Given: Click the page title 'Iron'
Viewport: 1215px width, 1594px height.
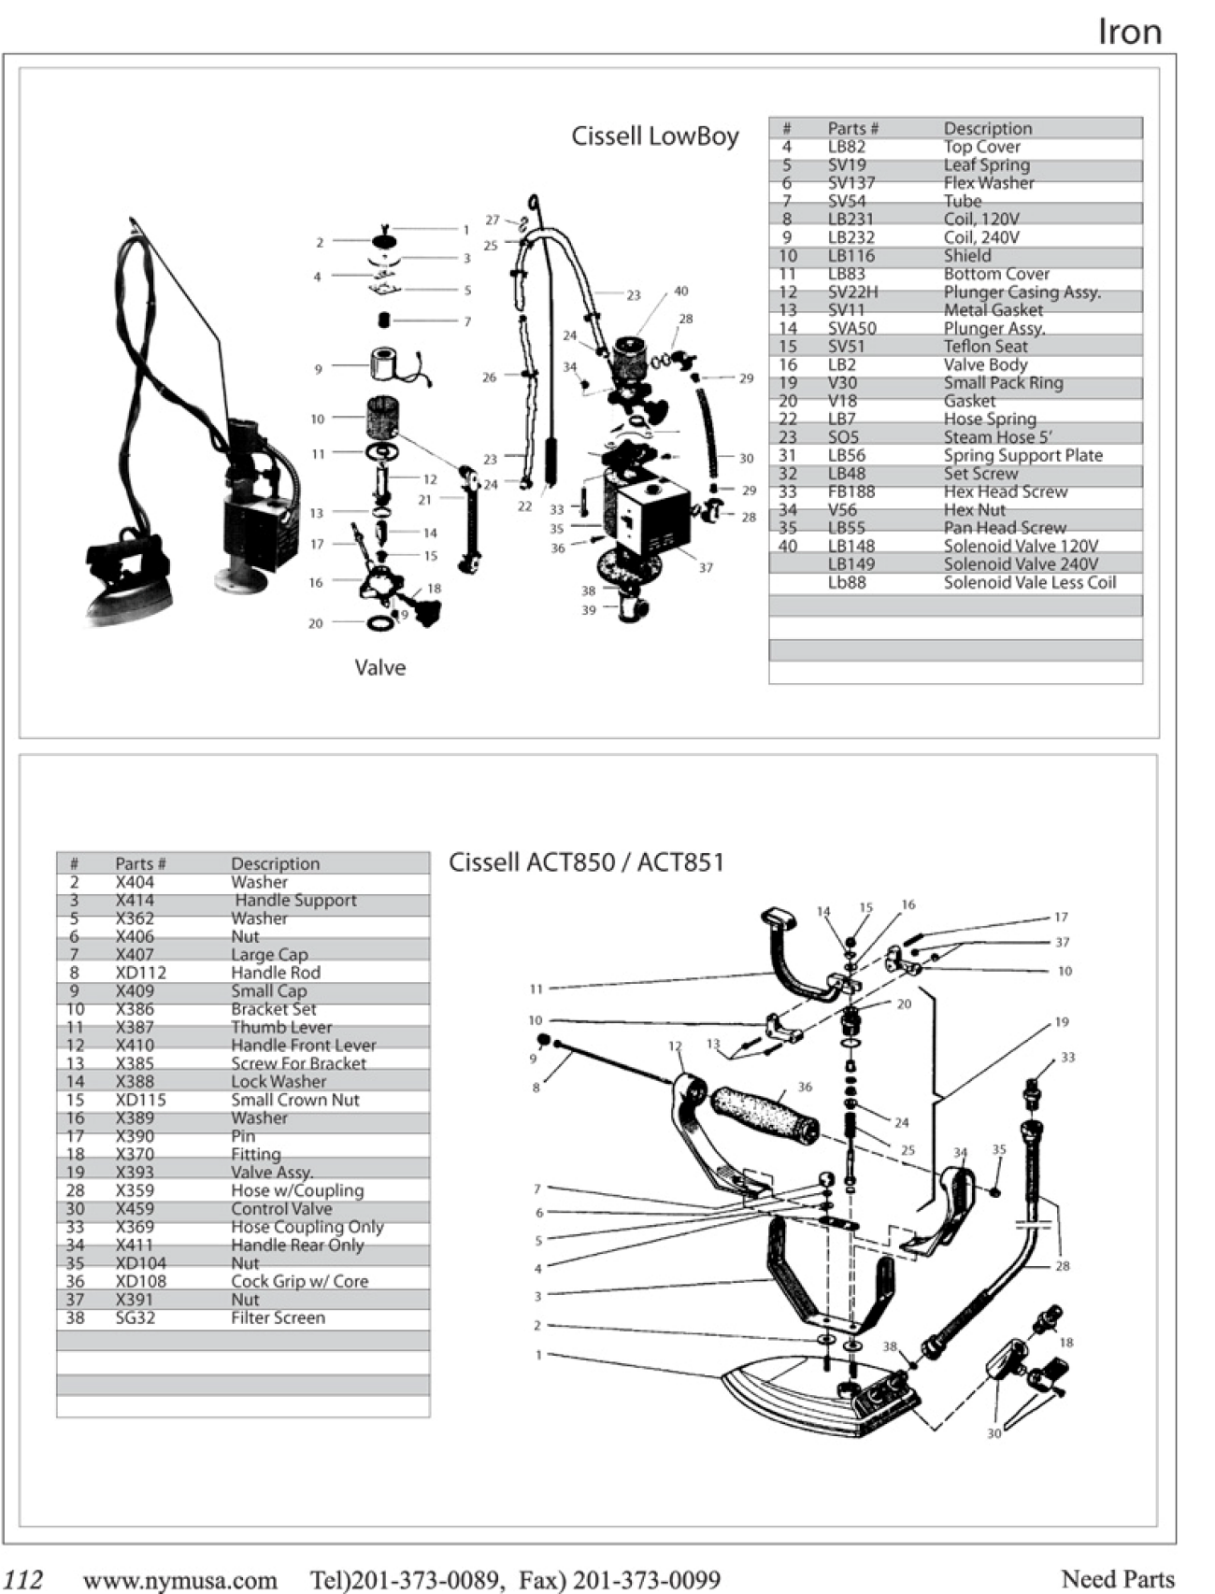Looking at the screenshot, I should [x=1129, y=32].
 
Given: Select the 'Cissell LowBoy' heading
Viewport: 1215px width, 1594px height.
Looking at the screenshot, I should [x=654, y=136].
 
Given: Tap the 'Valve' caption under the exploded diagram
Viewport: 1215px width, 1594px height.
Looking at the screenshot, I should [x=379, y=667].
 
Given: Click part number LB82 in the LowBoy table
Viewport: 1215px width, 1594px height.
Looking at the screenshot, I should [x=846, y=147].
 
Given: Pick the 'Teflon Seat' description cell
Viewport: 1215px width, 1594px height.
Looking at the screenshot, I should [x=985, y=347].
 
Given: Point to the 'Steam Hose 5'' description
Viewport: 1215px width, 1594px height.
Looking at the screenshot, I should [x=997, y=437].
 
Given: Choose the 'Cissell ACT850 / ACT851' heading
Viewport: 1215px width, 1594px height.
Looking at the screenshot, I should [x=586, y=861].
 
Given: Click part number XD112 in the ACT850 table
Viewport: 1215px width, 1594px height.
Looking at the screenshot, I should [x=140, y=973].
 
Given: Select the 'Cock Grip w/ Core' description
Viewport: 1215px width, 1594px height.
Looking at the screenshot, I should [x=299, y=1281].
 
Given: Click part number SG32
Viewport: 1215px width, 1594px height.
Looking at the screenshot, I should [x=136, y=1317].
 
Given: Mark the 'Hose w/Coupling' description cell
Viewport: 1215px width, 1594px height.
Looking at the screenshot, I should [x=297, y=1190].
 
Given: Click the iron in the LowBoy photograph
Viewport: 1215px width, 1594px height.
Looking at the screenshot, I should [x=126, y=579].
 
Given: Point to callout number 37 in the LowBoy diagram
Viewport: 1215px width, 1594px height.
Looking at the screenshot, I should [x=706, y=567].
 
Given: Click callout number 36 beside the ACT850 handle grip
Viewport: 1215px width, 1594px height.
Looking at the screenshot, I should [x=805, y=1087].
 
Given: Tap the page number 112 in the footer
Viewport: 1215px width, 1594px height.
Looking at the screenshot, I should [x=23, y=1579].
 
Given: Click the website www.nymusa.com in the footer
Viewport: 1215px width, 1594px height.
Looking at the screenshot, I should [x=179, y=1580].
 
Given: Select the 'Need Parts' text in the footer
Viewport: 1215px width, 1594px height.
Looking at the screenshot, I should [x=1117, y=1578].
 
